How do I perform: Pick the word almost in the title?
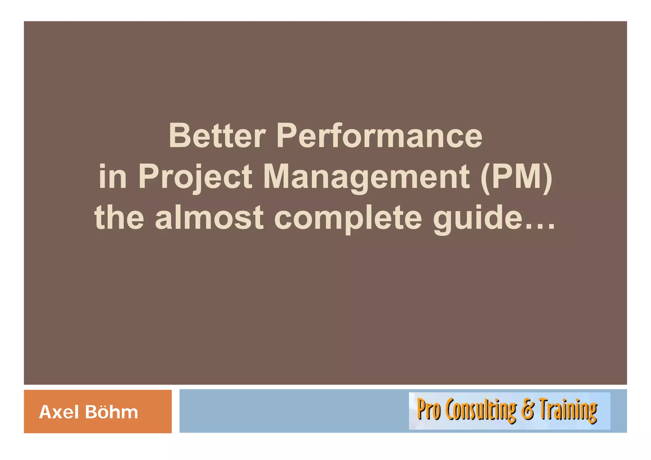(209, 217)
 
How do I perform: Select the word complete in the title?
(348, 217)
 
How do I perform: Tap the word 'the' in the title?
(119, 217)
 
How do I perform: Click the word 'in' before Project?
(113, 176)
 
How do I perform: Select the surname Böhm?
(111, 412)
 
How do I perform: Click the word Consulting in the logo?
(481, 410)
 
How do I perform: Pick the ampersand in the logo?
(528, 410)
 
